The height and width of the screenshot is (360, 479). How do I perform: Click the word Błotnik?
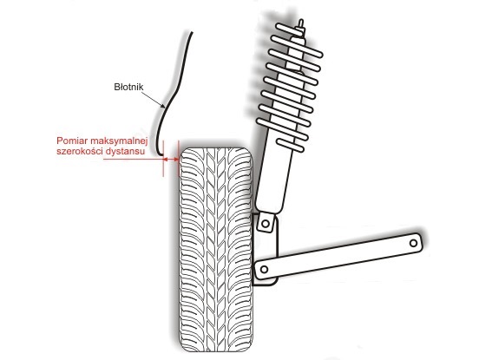(128, 87)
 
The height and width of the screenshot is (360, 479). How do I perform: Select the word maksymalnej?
(119, 141)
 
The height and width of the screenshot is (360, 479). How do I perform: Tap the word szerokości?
(79, 151)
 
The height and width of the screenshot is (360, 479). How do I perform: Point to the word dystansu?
(125, 152)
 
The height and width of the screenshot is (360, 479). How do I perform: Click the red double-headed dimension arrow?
(171, 159)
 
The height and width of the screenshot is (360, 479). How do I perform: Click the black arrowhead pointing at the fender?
(163, 106)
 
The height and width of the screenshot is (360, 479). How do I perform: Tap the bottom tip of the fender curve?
(162, 156)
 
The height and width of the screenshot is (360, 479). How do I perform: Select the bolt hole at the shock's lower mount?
(266, 224)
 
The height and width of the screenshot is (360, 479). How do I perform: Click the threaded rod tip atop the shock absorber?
(301, 23)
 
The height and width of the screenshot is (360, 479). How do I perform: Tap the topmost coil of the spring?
(290, 30)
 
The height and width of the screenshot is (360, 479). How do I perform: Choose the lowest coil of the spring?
(290, 146)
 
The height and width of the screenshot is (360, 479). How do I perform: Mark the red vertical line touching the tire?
(178, 159)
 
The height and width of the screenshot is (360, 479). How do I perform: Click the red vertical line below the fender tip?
(163, 159)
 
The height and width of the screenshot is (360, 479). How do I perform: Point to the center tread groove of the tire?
(216, 250)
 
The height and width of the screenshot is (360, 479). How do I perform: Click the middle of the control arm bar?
(338, 256)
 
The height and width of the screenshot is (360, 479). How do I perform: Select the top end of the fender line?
(192, 32)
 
